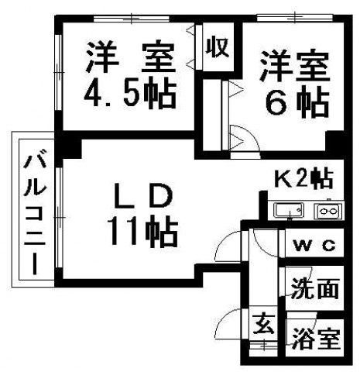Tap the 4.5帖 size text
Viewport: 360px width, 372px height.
[x=131, y=93]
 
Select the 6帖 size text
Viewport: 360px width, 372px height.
[x=297, y=104]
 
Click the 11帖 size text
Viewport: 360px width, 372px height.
[x=142, y=232]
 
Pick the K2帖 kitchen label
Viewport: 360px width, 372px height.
[x=303, y=178]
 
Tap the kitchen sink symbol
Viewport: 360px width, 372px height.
[x=289, y=210]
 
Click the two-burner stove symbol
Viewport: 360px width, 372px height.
[x=328, y=211]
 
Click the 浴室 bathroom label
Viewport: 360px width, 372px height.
[x=316, y=338]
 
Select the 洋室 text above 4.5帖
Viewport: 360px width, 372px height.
[x=131, y=57]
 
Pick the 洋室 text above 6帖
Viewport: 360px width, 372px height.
[x=295, y=66]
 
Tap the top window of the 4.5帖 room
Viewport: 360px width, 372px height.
[x=131, y=19]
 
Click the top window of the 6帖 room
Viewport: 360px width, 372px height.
[x=295, y=17]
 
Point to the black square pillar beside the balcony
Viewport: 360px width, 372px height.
[x=69, y=149]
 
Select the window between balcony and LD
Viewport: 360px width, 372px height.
[x=59, y=218]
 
